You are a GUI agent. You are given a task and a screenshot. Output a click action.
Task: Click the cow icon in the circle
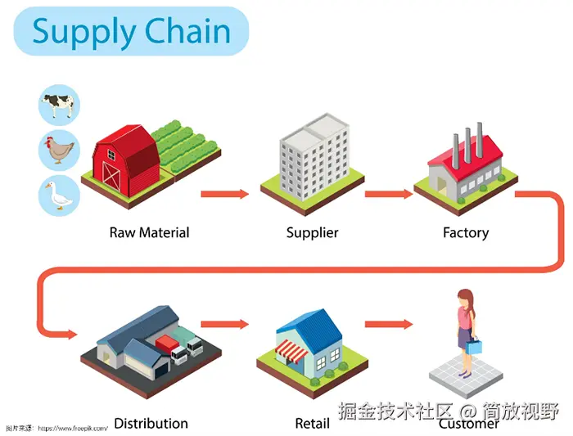(x=59, y=104)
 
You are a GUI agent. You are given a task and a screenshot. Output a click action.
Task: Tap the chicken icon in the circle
(x=59, y=150)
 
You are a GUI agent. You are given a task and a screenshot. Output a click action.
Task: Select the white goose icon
(x=59, y=196)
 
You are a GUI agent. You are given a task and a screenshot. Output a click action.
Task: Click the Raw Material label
(x=149, y=232)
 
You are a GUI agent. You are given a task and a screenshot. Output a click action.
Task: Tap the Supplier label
(x=312, y=232)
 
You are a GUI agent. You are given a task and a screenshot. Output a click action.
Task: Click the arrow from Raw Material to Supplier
(x=224, y=194)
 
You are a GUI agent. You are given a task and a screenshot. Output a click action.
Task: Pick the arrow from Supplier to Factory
(x=388, y=194)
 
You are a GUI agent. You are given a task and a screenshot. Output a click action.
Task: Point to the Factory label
(x=465, y=232)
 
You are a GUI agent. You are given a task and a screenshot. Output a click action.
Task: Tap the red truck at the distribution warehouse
(x=167, y=344)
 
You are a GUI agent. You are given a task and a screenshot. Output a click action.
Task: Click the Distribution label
(x=151, y=423)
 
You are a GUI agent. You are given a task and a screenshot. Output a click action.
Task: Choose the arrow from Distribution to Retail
(x=224, y=324)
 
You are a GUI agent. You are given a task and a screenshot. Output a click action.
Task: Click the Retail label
(x=312, y=423)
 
